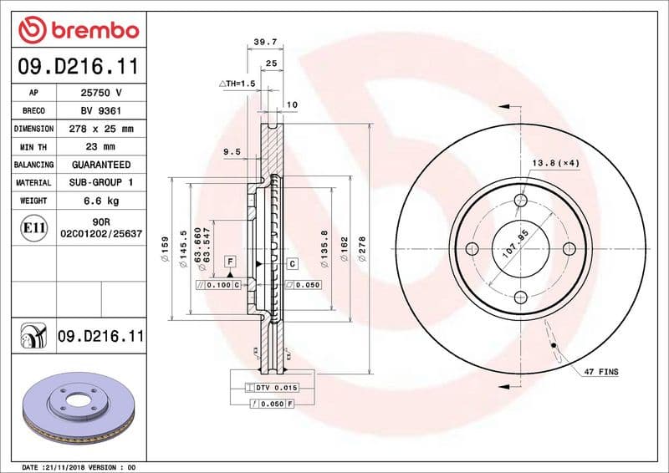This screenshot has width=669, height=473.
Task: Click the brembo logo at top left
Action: pyautogui.click(x=78, y=30)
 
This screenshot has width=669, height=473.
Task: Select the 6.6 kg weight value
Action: pyautogui.click(x=101, y=201)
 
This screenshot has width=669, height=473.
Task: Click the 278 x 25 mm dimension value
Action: pyautogui.click(x=101, y=129)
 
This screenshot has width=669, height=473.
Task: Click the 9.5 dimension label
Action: pyautogui.click(x=232, y=152)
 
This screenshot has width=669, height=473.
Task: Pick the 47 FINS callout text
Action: pyautogui.click(x=600, y=371)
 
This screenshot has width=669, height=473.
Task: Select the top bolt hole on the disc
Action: pyautogui.click(x=520, y=200)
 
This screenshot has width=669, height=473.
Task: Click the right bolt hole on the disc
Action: pyautogui.click(x=569, y=249)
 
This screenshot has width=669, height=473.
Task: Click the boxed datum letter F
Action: pyautogui.click(x=228, y=262)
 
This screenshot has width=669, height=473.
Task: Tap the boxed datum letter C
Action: pyautogui.click(x=293, y=264)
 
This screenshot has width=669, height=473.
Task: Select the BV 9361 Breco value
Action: pyautogui.click(x=101, y=110)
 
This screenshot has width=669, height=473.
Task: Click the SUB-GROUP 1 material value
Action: pyautogui.click(x=101, y=182)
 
